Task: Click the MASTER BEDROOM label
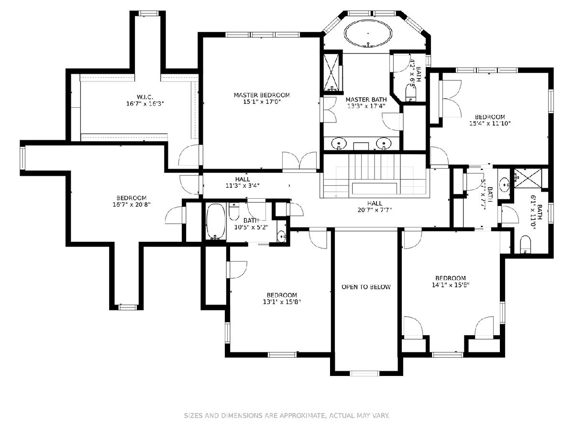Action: pyautogui.click(x=262, y=95)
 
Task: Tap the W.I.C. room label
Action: pyautogui.click(x=145, y=97)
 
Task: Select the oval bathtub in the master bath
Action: pyautogui.click(x=368, y=34)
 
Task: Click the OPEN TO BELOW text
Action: pyautogui.click(x=366, y=287)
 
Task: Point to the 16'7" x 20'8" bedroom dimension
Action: pyautogui.click(x=132, y=204)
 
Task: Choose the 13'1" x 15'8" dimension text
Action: pyautogui.click(x=282, y=302)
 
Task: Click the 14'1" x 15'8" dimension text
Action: pyautogui.click(x=451, y=284)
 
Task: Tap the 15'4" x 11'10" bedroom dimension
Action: pyautogui.click(x=490, y=123)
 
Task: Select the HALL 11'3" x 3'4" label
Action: pyautogui.click(x=243, y=182)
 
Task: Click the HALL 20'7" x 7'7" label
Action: pyautogui.click(x=375, y=206)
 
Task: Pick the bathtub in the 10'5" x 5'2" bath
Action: pyautogui.click(x=215, y=221)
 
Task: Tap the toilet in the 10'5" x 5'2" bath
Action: pyautogui.click(x=234, y=212)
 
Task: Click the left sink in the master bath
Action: pyautogui.click(x=339, y=143)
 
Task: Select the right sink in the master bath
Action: pyautogui.click(x=384, y=143)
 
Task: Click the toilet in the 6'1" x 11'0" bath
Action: pyautogui.click(x=525, y=244)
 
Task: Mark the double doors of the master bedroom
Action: pyautogui.click(x=299, y=161)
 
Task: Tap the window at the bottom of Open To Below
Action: pyautogui.click(x=364, y=373)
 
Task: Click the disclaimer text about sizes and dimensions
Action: pyautogui.click(x=287, y=415)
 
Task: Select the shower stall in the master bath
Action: pyautogui.click(x=331, y=72)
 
